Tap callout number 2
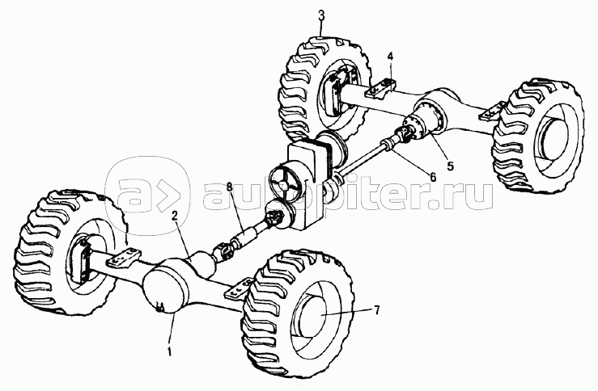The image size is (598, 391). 174,217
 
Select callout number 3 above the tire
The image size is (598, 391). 321,15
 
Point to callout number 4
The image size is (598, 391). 390,57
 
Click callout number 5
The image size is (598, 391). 451,166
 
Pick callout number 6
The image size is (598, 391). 432,177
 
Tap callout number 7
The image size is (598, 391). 376,310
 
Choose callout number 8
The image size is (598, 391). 229,187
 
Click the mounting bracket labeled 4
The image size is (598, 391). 380,89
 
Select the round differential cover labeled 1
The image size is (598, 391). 164,288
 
